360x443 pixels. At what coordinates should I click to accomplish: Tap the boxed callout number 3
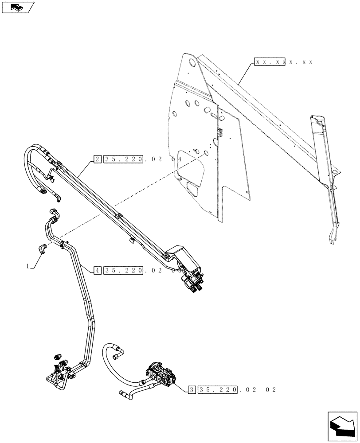tap(191, 390)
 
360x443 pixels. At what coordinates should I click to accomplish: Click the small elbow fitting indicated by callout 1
tap(42, 249)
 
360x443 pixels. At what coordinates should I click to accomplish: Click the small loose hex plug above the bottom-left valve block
tap(57, 356)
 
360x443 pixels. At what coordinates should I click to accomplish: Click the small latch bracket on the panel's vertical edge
tap(219, 132)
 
